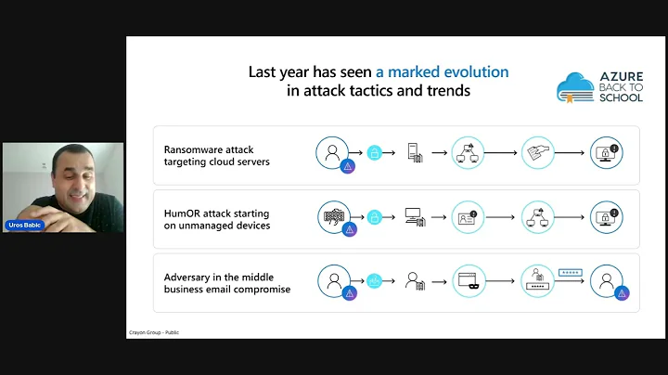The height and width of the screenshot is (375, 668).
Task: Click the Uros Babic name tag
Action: (24, 226)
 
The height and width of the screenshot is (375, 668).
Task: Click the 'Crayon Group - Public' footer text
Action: (153, 331)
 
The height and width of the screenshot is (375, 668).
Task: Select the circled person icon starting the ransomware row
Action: (331, 152)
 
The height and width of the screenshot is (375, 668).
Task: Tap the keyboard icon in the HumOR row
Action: (331, 215)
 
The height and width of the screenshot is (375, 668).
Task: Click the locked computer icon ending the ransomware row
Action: (606, 153)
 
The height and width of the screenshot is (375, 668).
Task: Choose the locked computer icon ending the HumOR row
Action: (606, 216)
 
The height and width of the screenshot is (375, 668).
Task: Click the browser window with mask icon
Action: (469, 279)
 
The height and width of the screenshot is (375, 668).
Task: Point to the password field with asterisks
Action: (570, 273)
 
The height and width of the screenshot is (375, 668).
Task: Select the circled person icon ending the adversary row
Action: (606, 279)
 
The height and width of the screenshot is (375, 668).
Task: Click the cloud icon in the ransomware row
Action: (375, 153)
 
